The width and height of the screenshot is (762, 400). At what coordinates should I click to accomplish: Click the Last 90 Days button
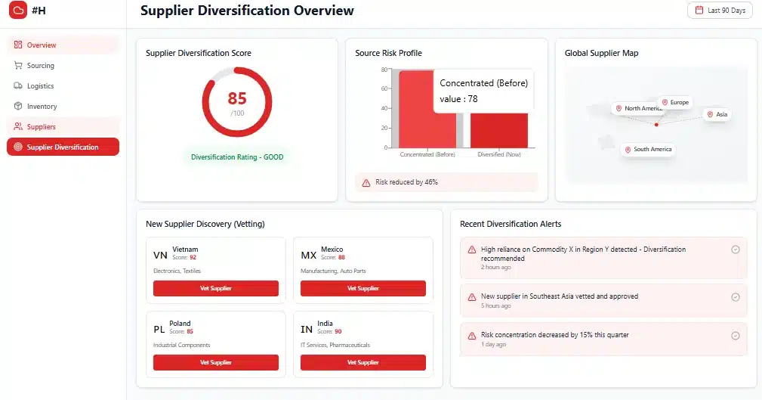[720, 11]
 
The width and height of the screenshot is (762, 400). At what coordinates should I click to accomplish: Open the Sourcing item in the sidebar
[40, 66]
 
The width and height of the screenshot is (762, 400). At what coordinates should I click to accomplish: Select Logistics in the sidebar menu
[40, 86]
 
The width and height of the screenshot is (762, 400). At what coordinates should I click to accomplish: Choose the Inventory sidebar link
[42, 107]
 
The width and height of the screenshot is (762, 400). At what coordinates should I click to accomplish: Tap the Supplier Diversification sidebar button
[63, 147]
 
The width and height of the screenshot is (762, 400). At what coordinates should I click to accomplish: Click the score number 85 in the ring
[237, 99]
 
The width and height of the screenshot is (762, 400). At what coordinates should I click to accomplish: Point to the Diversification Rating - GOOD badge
[236, 157]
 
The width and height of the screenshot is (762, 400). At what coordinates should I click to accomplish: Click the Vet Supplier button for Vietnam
[216, 288]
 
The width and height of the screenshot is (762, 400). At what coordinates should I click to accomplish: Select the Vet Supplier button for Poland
[216, 362]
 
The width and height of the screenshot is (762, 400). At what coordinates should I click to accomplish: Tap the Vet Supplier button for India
[363, 362]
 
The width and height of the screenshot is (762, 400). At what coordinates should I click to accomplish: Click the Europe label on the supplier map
[675, 102]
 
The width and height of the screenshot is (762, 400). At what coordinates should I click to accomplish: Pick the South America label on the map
[648, 150]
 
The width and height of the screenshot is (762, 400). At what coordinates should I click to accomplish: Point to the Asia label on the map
[717, 114]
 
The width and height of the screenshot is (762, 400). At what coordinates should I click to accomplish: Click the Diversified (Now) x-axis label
[498, 154]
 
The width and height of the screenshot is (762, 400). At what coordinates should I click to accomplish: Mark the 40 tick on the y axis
[384, 108]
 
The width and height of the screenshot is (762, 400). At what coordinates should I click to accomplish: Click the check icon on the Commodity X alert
[736, 250]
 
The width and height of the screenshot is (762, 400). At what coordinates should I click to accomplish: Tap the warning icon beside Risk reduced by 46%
[366, 182]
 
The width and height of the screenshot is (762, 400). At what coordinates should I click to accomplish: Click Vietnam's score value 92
[193, 258]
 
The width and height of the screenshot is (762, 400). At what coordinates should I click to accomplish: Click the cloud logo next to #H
[17, 11]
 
